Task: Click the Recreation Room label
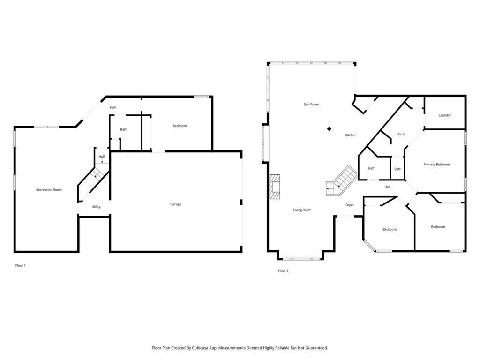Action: (x=49, y=190)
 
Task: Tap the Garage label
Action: (x=176, y=204)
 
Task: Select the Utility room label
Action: (x=96, y=207)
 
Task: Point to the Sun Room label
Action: (x=311, y=105)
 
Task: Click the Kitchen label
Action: (x=351, y=135)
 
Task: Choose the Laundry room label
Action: (x=444, y=115)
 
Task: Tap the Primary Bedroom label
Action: (x=436, y=165)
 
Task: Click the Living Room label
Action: (x=302, y=210)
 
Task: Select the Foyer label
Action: (x=350, y=205)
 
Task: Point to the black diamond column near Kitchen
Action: (x=329, y=129)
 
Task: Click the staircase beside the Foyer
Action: (x=341, y=180)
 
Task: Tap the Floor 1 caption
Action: (x=21, y=266)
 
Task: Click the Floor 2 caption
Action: (x=283, y=270)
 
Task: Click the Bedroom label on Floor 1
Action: (x=180, y=126)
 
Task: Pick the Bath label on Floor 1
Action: (x=124, y=129)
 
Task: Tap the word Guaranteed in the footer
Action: (x=317, y=348)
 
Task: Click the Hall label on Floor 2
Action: (x=387, y=187)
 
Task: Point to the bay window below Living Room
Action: (x=301, y=259)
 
